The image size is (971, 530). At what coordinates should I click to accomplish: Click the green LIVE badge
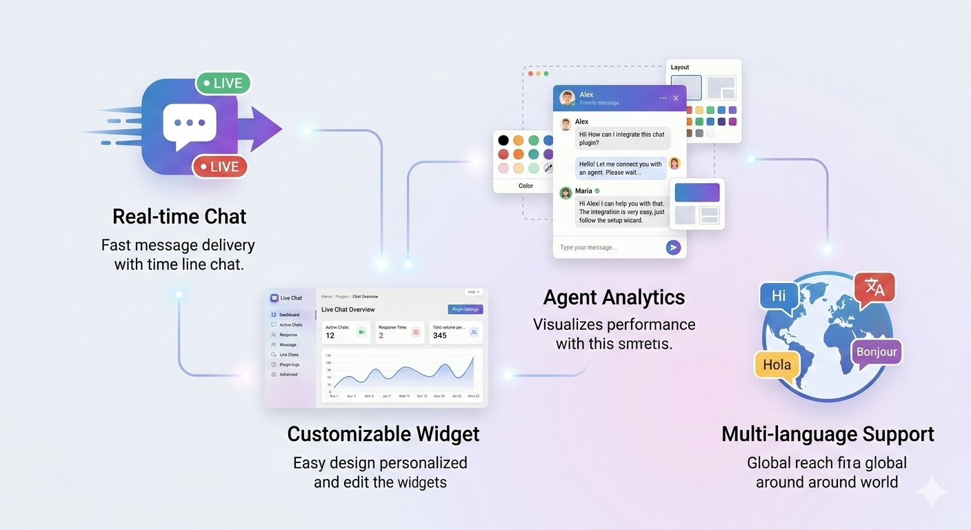point(223,84)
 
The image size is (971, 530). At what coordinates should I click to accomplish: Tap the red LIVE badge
point(219,166)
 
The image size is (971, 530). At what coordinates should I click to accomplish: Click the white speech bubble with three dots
point(190,124)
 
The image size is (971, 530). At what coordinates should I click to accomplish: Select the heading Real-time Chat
point(179,217)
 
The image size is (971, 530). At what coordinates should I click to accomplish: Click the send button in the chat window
point(673,248)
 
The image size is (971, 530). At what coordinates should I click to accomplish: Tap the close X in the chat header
point(676,98)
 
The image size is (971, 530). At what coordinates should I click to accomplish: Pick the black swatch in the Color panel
point(503,141)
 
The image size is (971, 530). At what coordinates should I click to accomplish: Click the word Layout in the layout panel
point(680,68)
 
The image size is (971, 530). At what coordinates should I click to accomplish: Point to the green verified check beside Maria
point(597,191)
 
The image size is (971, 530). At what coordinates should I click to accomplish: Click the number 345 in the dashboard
point(440,335)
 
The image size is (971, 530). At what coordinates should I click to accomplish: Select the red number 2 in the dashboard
point(381,335)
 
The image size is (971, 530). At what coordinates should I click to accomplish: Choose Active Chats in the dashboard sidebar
point(290,325)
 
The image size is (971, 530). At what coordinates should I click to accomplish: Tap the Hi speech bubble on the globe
point(779,297)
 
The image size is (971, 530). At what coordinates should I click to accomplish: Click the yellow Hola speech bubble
point(777,364)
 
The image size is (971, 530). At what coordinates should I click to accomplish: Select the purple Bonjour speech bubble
point(877,352)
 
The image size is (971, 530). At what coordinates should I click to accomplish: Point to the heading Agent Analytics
point(614,297)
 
